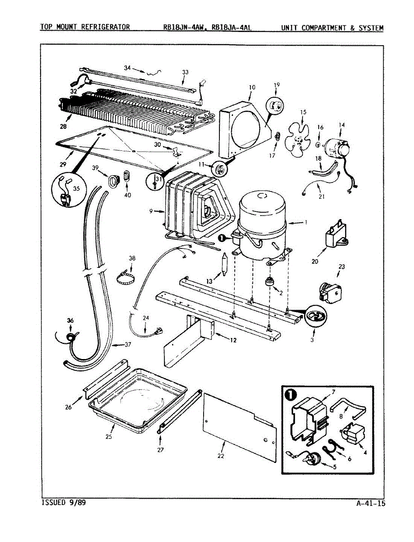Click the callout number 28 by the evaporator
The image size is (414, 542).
pyautogui.click(x=63, y=126)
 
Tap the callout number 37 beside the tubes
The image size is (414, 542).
pyautogui.click(x=128, y=345)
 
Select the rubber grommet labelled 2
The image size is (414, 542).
pyautogui.click(x=270, y=282)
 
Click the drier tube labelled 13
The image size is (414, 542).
pyautogui.click(x=225, y=264)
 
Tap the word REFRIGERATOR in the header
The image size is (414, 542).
pyautogui.click(x=106, y=27)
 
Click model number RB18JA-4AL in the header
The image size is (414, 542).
pyautogui.click(x=232, y=28)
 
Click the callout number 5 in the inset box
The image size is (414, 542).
pyautogui.click(x=335, y=467)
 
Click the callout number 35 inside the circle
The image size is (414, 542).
pyautogui.click(x=76, y=188)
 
